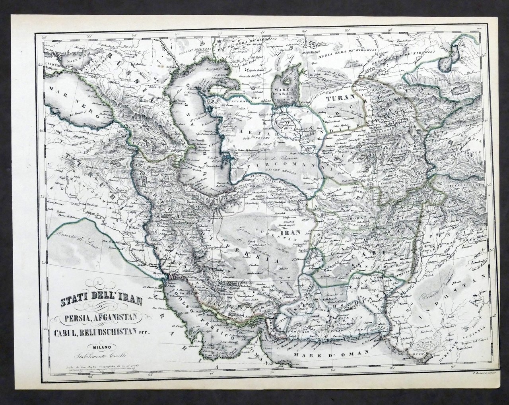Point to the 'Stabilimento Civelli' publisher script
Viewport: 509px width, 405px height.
103,355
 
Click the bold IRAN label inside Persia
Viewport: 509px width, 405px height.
288,234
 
